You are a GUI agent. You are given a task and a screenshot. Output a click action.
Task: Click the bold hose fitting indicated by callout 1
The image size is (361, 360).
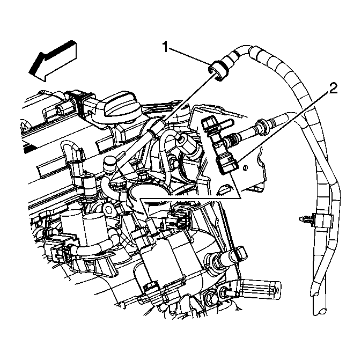click(x=219, y=70)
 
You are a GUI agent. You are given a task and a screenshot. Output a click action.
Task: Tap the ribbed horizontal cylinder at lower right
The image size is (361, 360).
click(x=257, y=290)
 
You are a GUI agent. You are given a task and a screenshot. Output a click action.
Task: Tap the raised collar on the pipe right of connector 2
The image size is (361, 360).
click(x=262, y=129)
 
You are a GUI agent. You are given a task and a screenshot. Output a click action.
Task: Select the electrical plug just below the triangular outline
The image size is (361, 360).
click(x=177, y=221)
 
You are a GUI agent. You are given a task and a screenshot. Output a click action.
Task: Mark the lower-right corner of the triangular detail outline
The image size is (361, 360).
click(x=240, y=198)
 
